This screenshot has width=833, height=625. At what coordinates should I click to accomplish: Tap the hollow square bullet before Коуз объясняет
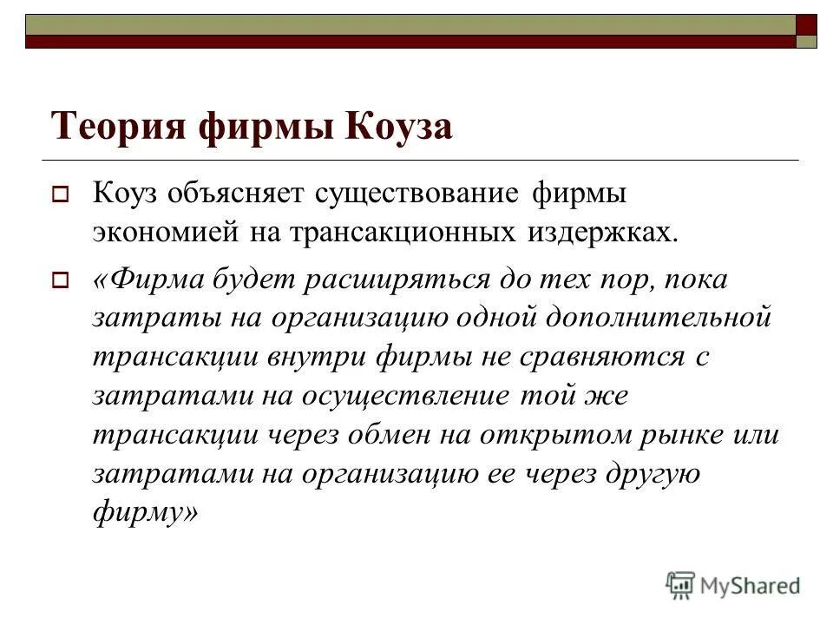pyautogui.click(x=61, y=196)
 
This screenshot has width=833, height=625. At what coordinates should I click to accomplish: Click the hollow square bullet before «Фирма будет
pyautogui.click(x=61, y=280)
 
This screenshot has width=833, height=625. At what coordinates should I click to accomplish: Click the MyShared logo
pyautogui.click(x=733, y=584)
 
